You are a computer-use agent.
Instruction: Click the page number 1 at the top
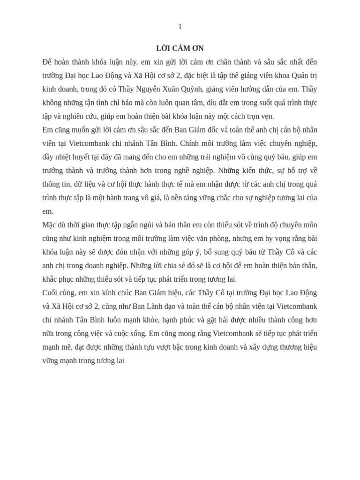180,27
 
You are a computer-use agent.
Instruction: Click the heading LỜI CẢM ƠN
180,48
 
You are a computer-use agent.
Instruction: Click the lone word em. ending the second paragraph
48,211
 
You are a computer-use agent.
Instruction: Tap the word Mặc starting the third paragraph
50,225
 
